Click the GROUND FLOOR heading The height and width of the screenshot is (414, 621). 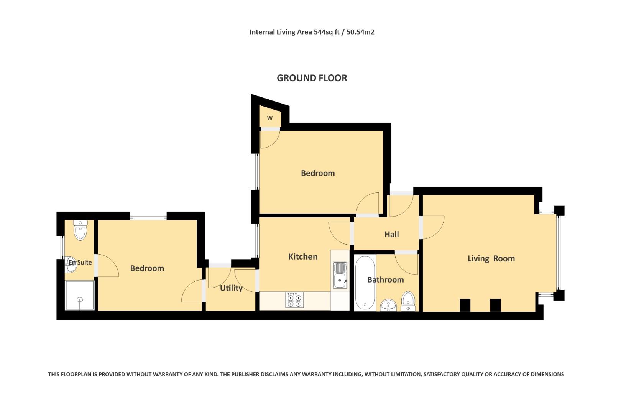(312, 78)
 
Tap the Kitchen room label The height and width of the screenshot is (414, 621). (302, 256)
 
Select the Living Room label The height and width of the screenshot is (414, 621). (491, 258)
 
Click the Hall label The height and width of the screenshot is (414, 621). (391, 234)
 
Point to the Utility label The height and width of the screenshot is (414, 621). (231, 288)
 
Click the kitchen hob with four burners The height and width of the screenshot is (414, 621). (294, 300)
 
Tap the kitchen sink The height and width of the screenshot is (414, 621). (340, 275)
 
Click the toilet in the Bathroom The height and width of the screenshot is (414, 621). (408, 301)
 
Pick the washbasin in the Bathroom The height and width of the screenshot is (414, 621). (389, 305)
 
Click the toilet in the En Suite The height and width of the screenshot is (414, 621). (80, 230)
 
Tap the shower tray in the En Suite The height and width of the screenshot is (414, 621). (80, 295)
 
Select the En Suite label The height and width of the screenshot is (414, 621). (80, 263)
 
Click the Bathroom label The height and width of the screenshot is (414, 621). (385, 280)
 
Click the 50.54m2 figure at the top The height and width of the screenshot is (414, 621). (360, 32)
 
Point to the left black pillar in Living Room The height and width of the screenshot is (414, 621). (465, 305)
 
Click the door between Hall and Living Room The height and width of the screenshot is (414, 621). (432, 227)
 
